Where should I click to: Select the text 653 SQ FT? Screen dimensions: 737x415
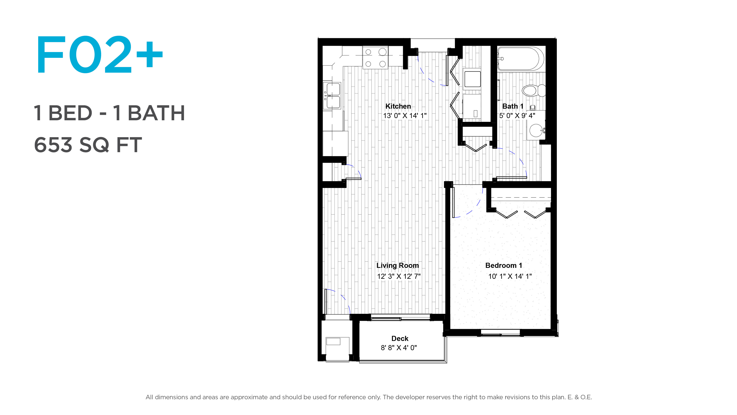pyautogui.click(x=88, y=145)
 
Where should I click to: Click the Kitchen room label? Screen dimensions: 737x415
pyautogui.click(x=398, y=106)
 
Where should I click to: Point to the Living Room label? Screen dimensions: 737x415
pyautogui.click(x=397, y=266)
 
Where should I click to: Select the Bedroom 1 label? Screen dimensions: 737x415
pyautogui.click(x=504, y=266)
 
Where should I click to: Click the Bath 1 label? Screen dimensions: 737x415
pyautogui.click(x=513, y=106)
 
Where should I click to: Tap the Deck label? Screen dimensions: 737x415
pyautogui.click(x=400, y=339)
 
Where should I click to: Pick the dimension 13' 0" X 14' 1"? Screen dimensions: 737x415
pyautogui.click(x=405, y=116)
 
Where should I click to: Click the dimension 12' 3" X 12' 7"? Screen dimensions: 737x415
pyautogui.click(x=399, y=276)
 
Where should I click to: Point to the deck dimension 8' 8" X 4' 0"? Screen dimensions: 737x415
pyautogui.click(x=399, y=348)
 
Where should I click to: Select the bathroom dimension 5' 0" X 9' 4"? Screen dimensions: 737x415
pyautogui.click(x=517, y=116)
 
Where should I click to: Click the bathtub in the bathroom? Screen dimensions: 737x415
pyautogui.click(x=521, y=59)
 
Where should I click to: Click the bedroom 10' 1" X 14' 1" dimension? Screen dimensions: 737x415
pyautogui.click(x=510, y=276)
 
